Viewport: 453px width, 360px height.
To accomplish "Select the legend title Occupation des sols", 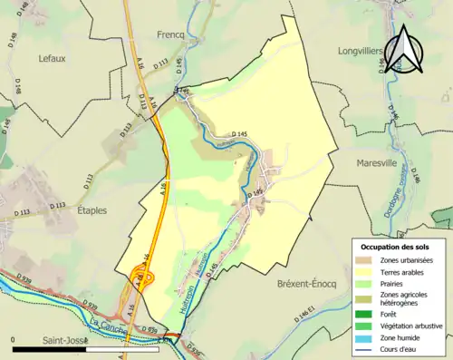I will (x=398, y=247).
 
